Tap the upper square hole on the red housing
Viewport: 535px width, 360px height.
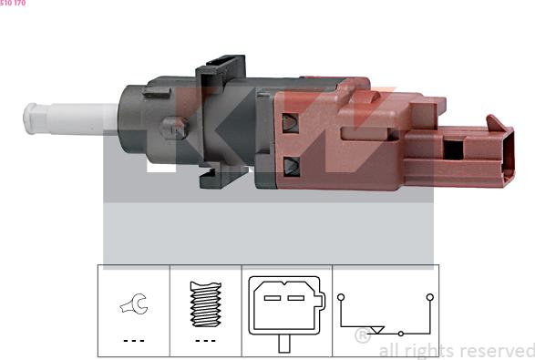(291, 123)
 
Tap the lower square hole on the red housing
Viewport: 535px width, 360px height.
(292, 167)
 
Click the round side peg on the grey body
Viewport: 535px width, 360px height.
(174, 128)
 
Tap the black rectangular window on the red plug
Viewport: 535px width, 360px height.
(454, 149)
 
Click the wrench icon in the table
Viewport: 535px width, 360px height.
(134, 304)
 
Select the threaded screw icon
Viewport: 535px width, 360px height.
(205, 303)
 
